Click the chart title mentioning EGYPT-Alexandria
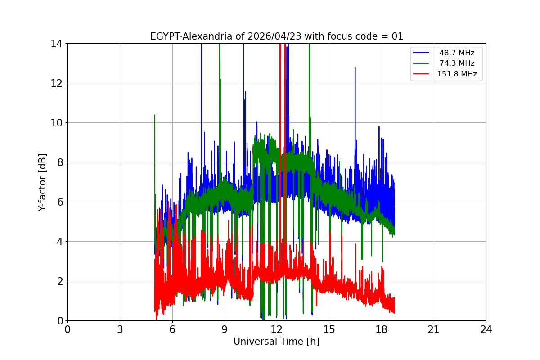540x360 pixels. [276, 36]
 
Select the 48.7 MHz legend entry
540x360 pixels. [457, 53]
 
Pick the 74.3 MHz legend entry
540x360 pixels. [457, 63]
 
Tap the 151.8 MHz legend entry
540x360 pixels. [457, 74]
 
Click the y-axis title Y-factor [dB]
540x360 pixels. [42, 182]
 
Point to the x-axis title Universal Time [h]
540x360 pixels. [276, 342]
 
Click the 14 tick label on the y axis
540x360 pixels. [56, 44]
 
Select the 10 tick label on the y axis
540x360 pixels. [56, 123]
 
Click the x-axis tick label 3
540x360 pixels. [120, 329]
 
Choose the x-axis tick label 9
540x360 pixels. [224, 329]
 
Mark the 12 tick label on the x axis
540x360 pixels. [277, 329]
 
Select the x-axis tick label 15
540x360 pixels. [329, 329]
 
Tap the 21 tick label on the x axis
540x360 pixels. [434, 329]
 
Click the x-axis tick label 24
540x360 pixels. [486, 329]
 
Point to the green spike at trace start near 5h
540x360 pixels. [155, 115]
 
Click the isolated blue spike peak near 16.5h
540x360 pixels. [355, 67]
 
